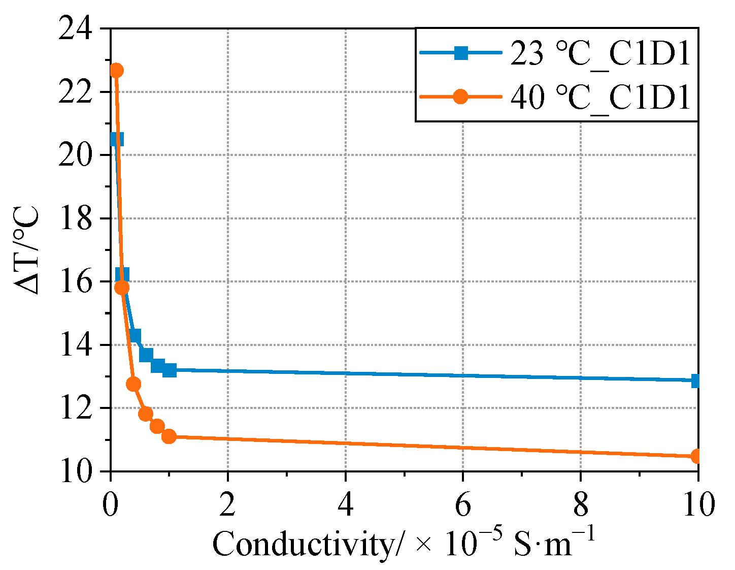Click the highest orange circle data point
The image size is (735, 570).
[x=116, y=70]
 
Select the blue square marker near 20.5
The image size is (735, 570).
[x=116, y=139]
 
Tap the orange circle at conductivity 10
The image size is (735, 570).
[x=697, y=456]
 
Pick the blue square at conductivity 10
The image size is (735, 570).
[x=697, y=381]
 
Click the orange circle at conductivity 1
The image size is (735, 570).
[x=169, y=436]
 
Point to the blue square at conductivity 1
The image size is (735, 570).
[x=169, y=370]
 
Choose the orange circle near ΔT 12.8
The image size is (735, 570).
[x=133, y=384]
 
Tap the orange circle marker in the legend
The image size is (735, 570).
[x=460, y=97]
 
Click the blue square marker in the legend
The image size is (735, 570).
[x=460, y=53]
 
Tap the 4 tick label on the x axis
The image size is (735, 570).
[x=345, y=506]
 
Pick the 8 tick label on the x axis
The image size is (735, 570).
[x=580, y=506]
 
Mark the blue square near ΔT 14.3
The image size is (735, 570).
[x=134, y=336]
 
